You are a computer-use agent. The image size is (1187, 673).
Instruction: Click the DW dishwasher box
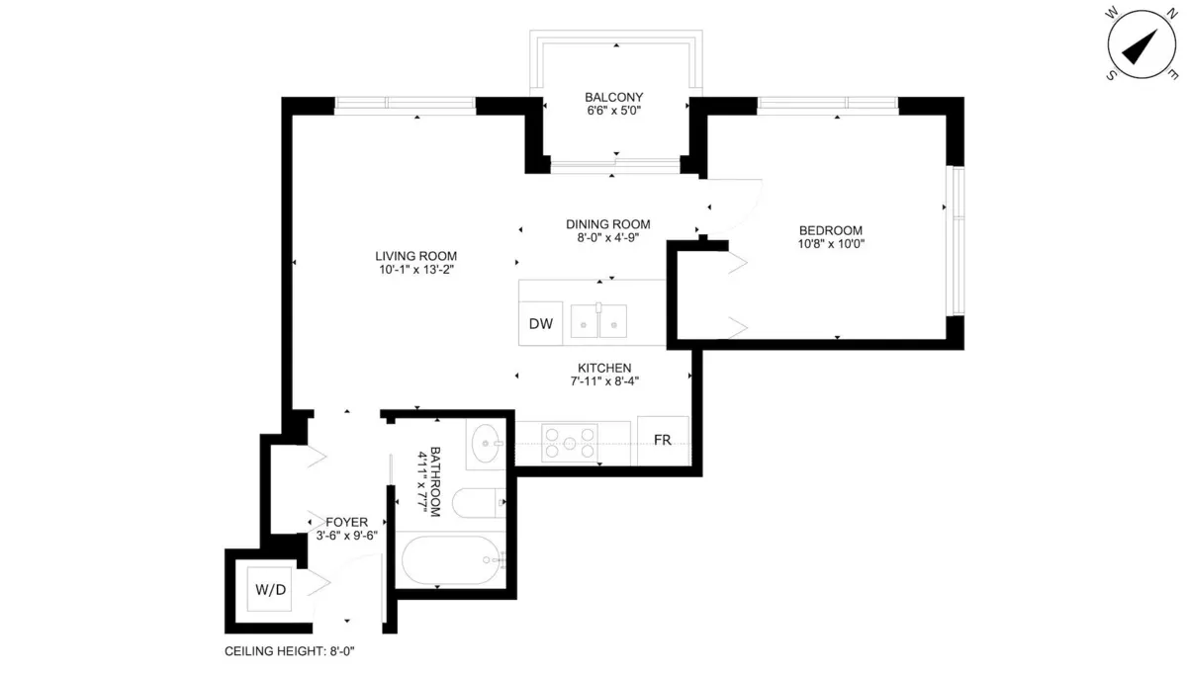click(540, 324)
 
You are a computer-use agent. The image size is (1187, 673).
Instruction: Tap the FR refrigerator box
click(663, 440)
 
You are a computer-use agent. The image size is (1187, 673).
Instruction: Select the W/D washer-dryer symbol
click(270, 591)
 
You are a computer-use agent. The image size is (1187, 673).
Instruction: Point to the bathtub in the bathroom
click(451, 562)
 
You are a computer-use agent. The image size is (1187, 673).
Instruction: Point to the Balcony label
click(613, 97)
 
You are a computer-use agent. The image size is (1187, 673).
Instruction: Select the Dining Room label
click(607, 224)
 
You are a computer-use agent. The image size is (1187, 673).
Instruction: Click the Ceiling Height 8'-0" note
click(289, 652)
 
